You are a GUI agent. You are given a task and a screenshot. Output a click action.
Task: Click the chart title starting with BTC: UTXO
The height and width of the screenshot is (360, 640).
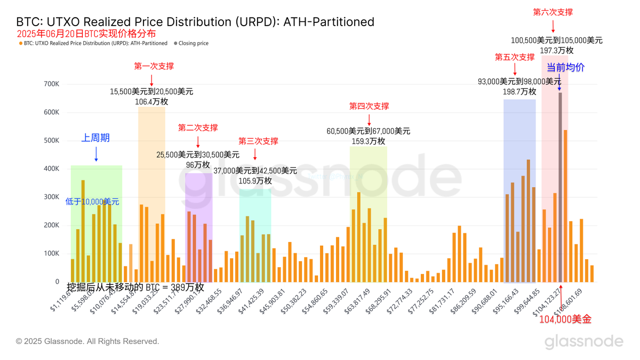tap(195, 22)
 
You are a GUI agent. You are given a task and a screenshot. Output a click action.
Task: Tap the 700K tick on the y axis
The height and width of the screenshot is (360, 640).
tap(52, 84)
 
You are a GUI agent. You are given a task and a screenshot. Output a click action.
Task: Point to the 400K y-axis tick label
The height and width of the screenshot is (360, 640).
tap(52, 169)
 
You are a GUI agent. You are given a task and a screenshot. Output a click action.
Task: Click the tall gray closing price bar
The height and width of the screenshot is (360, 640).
tap(560, 187)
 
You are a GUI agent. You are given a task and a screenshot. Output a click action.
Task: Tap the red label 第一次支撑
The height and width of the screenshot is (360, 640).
tap(154, 66)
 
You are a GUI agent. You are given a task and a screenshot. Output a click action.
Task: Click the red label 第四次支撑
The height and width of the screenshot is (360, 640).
tap(369, 106)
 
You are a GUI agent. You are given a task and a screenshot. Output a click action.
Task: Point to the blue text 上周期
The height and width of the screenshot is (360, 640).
tap(95, 138)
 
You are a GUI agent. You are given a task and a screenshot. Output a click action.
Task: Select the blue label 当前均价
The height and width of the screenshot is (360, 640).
tap(565, 68)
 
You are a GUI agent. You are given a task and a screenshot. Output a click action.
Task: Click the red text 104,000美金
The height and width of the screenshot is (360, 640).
tap(565, 319)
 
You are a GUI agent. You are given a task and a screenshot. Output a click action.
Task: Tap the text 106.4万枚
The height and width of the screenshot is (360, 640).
tap(151, 102)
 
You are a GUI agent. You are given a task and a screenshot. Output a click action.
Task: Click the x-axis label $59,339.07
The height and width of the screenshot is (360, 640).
tap(335, 302)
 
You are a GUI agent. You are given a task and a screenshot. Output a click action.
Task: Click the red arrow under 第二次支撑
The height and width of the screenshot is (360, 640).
tap(198, 141)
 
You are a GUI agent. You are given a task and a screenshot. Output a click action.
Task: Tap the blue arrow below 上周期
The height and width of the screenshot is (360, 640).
tap(96, 154)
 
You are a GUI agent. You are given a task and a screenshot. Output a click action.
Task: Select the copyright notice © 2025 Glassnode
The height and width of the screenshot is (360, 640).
tap(87, 341)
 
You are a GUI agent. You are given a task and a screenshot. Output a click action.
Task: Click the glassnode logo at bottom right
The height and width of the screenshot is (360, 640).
tap(583, 341)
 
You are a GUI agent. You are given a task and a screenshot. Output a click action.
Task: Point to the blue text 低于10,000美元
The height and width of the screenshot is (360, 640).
tap(92, 202)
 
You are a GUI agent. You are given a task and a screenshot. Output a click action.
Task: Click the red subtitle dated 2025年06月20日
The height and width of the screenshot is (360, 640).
tap(86, 34)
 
